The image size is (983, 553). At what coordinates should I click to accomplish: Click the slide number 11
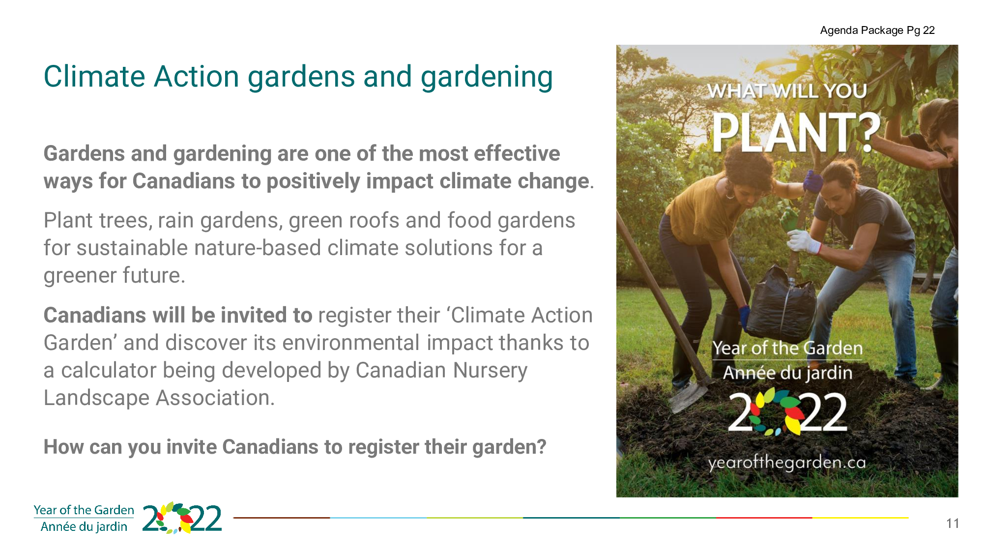(x=953, y=524)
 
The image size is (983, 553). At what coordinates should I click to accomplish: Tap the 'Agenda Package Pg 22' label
(x=877, y=30)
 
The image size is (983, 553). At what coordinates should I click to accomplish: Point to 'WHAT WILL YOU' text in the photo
(x=787, y=91)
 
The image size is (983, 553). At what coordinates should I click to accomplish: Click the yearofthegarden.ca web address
(x=787, y=463)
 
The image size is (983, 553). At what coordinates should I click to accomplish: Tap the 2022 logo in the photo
(x=787, y=412)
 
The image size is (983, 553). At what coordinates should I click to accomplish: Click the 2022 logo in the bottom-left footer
(x=182, y=518)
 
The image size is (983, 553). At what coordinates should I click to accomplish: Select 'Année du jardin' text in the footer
(x=84, y=526)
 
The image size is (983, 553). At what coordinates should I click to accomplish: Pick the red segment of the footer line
(x=764, y=518)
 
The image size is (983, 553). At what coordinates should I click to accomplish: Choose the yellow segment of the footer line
(x=860, y=518)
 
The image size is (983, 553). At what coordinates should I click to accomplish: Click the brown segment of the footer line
(x=282, y=518)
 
